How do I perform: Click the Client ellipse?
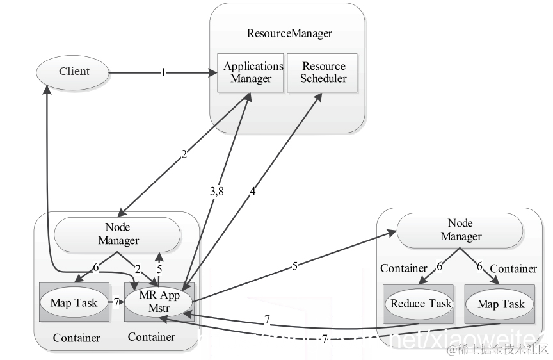point(74,71)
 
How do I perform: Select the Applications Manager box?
point(252,72)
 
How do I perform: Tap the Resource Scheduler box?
point(324,72)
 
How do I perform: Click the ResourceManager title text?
point(289,33)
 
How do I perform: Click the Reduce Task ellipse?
point(421,304)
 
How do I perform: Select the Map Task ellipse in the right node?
point(501,304)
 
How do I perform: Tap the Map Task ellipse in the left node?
point(74,302)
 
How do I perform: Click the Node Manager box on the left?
point(118,234)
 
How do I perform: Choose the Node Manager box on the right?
point(460,229)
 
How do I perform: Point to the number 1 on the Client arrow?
point(163,73)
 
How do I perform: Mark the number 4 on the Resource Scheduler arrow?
point(253,191)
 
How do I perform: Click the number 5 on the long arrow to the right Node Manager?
point(295,266)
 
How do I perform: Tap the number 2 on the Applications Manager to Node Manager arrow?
point(184,154)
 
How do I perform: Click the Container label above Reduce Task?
point(404,268)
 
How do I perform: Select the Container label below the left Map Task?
point(76,338)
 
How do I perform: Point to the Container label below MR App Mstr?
point(152,336)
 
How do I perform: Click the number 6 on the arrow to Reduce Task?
point(440,267)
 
